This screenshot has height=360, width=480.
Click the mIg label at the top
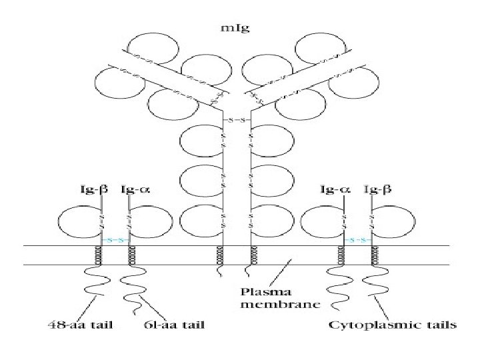pos(239,29)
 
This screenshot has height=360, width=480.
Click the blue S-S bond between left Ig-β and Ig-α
pos(115,238)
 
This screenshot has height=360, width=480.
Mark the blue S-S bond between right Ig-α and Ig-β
pos(359,238)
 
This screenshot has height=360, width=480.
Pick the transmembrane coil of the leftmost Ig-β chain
pos(102,255)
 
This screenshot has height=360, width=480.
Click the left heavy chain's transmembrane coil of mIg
pos(219,255)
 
